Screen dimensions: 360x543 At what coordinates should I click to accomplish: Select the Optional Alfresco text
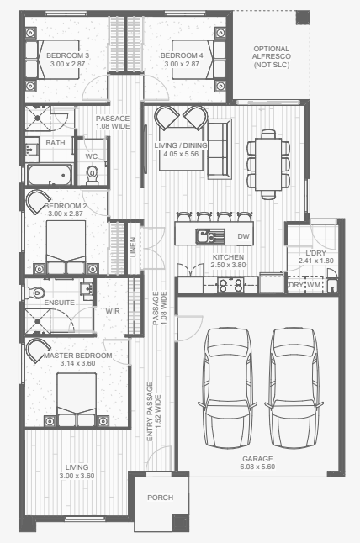[x=272, y=57]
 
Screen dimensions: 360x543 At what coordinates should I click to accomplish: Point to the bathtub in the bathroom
[x=50, y=175]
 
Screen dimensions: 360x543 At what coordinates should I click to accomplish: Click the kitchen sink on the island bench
[x=210, y=236]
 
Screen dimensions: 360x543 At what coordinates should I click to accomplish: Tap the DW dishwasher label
[x=244, y=236]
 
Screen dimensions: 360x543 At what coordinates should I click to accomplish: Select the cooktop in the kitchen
[x=230, y=285]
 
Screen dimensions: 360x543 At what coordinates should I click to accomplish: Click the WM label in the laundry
[x=314, y=285]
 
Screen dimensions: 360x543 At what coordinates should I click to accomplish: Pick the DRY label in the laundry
[x=296, y=285]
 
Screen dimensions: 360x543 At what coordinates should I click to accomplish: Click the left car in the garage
[x=227, y=387]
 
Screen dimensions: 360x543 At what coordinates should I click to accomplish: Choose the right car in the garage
[x=294, y=387]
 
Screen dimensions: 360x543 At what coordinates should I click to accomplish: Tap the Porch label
[x=160, y=498]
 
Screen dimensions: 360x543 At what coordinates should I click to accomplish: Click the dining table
[x=268, y=164]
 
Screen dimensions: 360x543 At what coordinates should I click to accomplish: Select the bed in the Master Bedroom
[x=77, y=399]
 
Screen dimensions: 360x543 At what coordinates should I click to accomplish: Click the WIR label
[x=113, y=311]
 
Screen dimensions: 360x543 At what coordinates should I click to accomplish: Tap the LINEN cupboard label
[x=133, y=247]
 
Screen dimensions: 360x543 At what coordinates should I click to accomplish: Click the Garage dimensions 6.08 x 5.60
[x=257, y=467]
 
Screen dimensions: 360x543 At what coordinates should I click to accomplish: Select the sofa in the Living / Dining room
[x=220, y=149]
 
